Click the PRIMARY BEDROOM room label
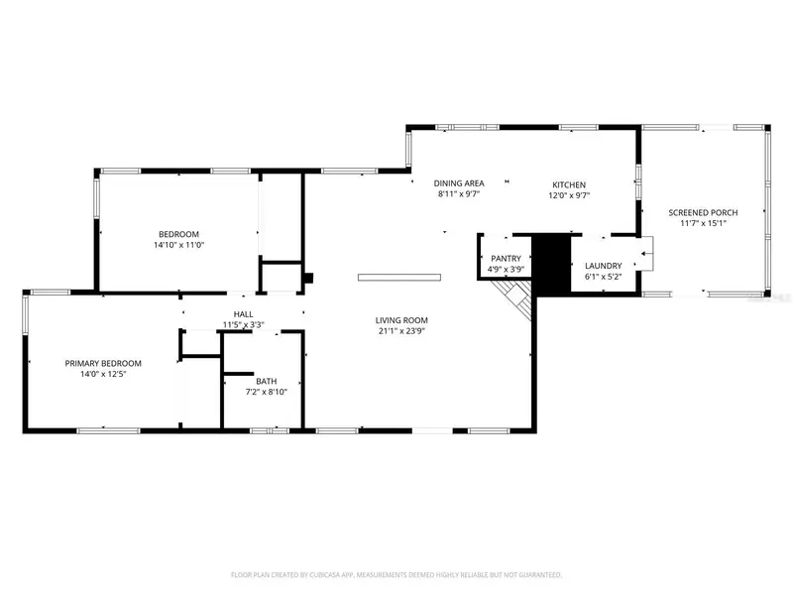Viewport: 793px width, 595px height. (103, 363)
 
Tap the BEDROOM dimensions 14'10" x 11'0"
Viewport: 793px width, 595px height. (179, 245)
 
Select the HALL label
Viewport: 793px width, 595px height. (243, 314)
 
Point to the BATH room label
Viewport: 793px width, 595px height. (266, 381)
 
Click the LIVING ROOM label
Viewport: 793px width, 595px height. (401, 320)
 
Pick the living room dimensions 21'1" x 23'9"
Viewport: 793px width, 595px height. (401, 331)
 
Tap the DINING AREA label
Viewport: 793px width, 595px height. (459, 183)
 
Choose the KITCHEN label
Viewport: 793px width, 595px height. (569, 184)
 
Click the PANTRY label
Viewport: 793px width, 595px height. (506, 259)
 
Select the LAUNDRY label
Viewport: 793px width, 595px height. (604, 266)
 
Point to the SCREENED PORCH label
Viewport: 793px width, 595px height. (703, 212)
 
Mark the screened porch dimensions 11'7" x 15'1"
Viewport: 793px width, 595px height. (703, 223)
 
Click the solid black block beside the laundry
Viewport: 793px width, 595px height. (551, 264)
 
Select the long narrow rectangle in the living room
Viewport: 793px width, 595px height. (399, 278)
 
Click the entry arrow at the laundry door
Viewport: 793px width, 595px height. (647, 253)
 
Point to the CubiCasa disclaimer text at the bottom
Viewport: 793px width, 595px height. (396, 575)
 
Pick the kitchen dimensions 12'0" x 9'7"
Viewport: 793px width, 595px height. (569, 195)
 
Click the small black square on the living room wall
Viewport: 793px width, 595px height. (308, 279)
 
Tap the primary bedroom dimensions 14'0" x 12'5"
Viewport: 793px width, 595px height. (103, 375)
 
